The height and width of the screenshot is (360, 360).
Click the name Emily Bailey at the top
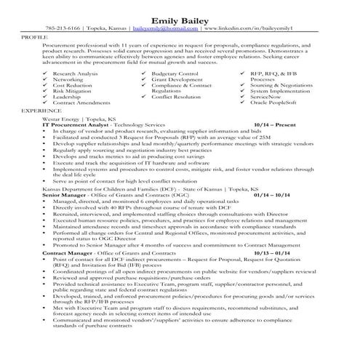tap(180, 19)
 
